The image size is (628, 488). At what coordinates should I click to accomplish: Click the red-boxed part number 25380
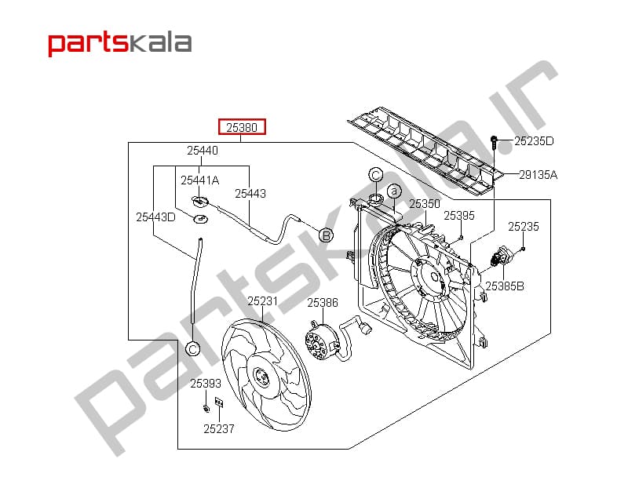[242, 128]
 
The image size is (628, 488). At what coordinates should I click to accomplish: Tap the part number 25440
[203, 151]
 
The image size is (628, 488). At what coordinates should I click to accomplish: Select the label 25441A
[200, 180]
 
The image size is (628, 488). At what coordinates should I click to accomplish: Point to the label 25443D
[155, 217]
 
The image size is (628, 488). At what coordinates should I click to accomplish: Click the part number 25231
[262, 301]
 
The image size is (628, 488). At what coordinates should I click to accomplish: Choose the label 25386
[323, 303]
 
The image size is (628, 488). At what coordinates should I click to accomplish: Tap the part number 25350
[425, 204]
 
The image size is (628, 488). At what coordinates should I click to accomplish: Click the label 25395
[459, 216]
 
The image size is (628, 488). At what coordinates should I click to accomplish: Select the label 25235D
[534, 141]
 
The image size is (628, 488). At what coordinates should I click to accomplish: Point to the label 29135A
[538, 174]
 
